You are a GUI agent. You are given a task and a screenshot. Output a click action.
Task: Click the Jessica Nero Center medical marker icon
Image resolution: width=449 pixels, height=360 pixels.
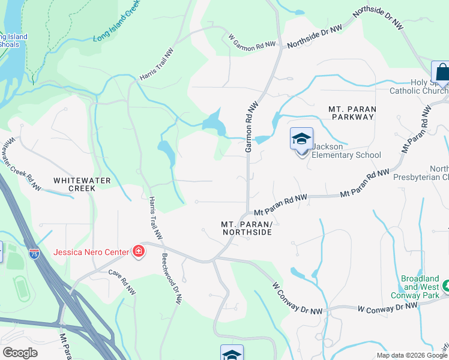[138, 251]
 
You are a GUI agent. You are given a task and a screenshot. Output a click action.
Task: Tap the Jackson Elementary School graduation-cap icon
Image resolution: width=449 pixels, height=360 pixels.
[301, 140]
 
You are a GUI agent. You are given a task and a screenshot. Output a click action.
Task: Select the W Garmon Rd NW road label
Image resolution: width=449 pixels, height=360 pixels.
[252, 40]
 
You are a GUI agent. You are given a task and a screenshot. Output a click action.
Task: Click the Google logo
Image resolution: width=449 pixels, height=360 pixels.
[20, 353]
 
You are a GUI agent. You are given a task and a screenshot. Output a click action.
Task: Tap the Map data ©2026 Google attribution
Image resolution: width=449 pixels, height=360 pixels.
[411, 355]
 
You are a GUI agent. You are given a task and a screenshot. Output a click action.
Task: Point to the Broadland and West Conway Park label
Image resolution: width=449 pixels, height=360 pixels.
[421, 286]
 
